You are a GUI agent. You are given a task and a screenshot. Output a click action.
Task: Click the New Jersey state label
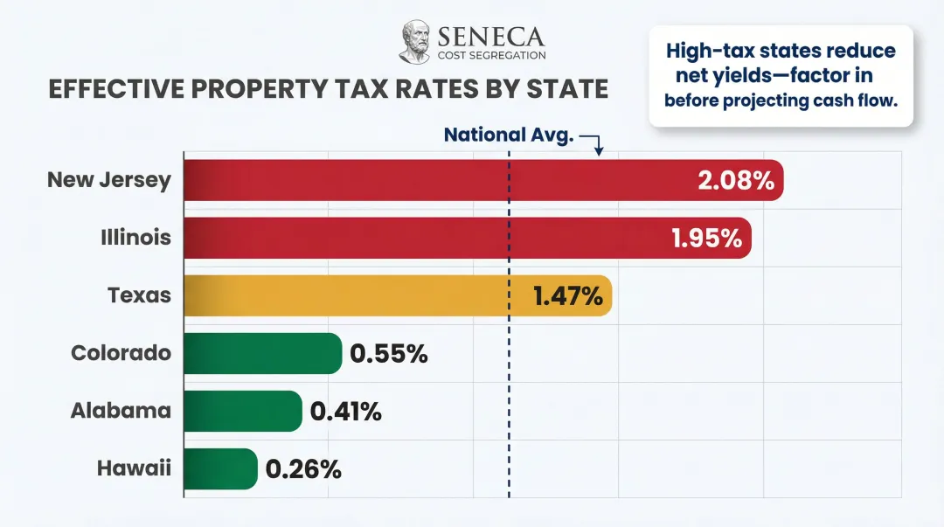[x=109, y=180]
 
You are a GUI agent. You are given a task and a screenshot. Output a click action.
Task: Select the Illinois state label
[x=135, y=238]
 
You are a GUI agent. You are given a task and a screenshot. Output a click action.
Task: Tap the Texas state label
[x=139, y=295]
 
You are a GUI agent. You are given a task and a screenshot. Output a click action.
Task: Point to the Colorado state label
[x=121, y=353]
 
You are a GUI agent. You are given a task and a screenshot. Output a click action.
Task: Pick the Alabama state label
[x=121, y=411]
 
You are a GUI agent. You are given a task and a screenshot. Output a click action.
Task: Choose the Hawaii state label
[x=134, y=468]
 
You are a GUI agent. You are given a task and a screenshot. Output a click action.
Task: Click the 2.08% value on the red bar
[x=736, y=180]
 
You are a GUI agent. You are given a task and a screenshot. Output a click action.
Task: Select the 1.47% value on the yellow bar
[x=567, y=295]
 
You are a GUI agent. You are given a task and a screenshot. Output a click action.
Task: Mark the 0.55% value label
[x=389, y=353]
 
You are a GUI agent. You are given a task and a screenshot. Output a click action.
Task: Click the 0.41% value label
[x=346, y=411]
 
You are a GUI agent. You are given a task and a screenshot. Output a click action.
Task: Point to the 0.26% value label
[x=302, y=468]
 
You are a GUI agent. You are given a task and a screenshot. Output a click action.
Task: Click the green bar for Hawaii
[x=220, y=468]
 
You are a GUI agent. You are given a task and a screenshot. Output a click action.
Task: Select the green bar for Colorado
[x=262, y=353]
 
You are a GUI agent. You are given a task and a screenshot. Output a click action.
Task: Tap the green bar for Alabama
[x=242, y=411]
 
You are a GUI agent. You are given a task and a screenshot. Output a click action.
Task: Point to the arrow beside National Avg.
[x=593, y=142]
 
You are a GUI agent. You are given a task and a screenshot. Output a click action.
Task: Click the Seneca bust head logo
[x=415, y=42]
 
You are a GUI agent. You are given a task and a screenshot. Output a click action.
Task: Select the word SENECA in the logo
[x=490, y=37]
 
